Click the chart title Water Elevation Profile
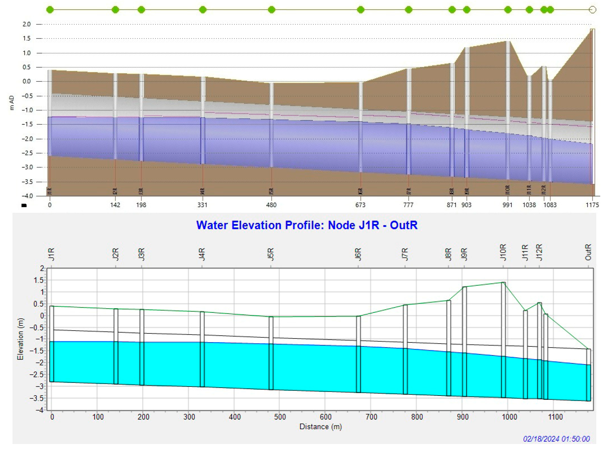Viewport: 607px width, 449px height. [x=307, y=225]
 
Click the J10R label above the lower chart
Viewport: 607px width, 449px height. [x=503, y=252]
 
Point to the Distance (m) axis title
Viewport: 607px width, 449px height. [x=320, y=427]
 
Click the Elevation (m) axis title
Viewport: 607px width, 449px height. [x=20, y=339]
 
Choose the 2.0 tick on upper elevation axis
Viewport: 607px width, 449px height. [x=26, y=24]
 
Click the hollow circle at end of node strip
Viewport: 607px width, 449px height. [x=593, y=10]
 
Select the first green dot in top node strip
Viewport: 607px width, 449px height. [x=50, y=10]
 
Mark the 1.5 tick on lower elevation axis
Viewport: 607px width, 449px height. [x=39, y=280]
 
